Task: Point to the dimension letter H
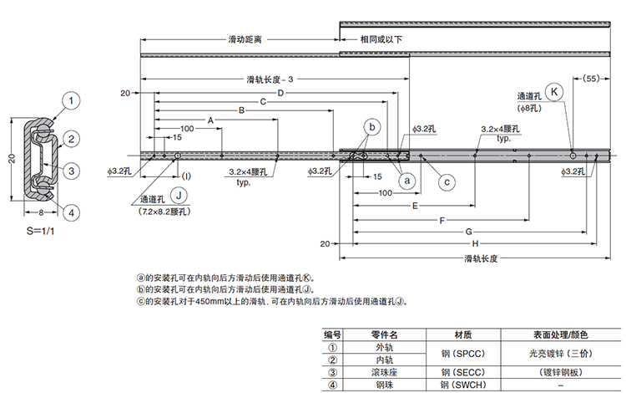[475, 242]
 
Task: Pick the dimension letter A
[210, 120]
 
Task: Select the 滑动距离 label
[245, 39]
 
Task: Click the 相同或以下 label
[381, 39]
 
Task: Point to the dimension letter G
[469, 231]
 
